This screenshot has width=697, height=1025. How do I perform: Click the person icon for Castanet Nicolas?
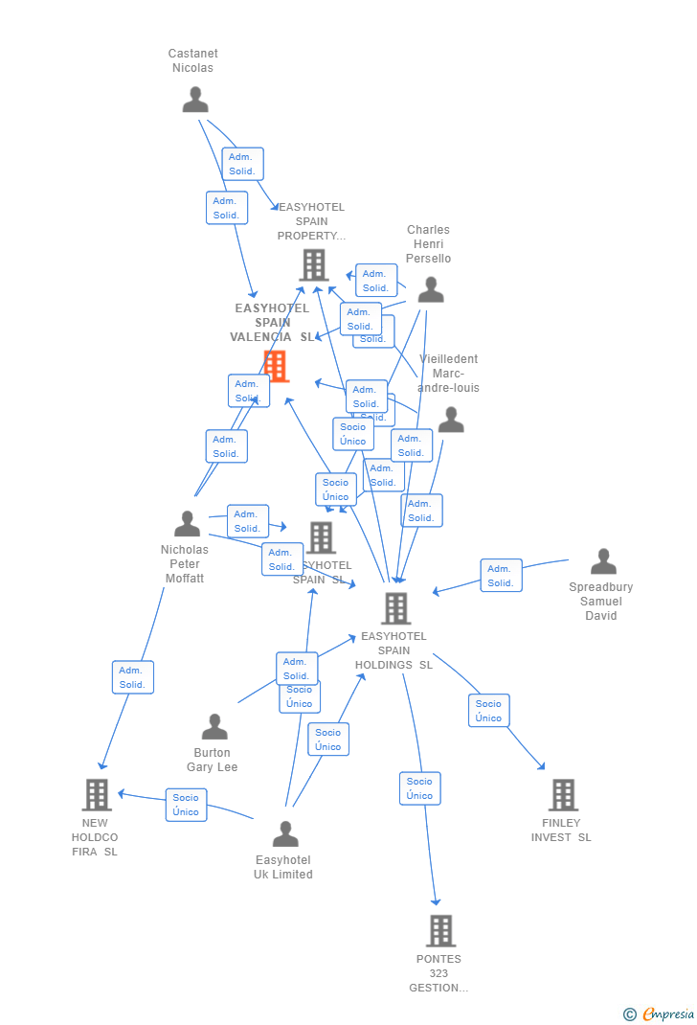[195, 100]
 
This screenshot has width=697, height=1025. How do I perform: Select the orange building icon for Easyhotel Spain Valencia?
[276, 366]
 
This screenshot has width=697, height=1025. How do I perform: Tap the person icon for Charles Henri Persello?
[431, 289]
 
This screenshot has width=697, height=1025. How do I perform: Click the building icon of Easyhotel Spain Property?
[314, 265]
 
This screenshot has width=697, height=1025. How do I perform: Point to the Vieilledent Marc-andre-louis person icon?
[451, 420]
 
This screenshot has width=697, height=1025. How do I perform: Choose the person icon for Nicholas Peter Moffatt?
[188, 523]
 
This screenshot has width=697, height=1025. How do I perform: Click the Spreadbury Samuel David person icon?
[603, 561]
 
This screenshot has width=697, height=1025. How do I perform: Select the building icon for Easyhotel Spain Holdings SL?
[395, 608]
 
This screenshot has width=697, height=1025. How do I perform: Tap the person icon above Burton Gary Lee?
[214, 726]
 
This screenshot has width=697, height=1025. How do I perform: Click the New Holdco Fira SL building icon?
[97, 795]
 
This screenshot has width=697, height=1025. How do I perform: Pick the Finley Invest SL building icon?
[563, 795]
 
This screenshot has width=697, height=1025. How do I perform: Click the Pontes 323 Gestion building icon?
[440, 930]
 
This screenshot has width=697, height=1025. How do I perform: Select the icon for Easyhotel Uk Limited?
[285, 833]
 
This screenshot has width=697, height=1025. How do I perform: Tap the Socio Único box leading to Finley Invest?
[488, 711]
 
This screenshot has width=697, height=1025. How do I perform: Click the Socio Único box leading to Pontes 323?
[419, 788]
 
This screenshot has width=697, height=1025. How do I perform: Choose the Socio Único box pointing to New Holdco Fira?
[186, 805]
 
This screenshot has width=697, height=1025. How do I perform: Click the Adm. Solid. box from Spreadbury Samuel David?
[501, 576]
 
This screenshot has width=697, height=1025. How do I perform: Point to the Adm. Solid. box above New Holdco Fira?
[132, 677]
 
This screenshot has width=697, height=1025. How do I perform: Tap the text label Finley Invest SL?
[561, 830]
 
